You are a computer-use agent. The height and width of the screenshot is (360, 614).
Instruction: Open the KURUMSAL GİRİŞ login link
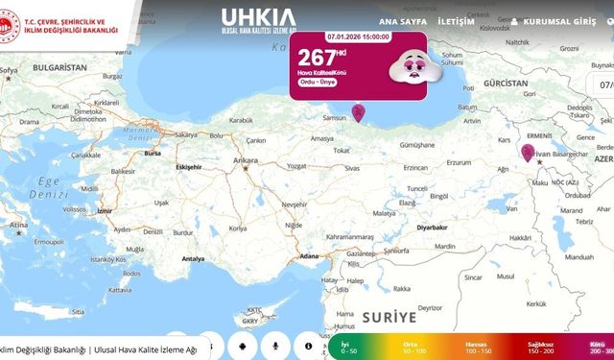click(x=558, y=20)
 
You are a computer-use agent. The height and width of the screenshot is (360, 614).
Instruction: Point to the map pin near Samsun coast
click(x=359, y=113)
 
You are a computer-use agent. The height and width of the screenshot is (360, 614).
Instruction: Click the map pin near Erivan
click(x=528, y=152)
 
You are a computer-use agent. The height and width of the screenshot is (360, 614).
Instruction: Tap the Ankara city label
click(x=247, y=159)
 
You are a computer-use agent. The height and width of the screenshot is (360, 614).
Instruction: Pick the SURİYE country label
click(x=390, y=316)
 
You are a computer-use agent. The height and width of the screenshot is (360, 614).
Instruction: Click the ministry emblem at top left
click(x=11, y=27)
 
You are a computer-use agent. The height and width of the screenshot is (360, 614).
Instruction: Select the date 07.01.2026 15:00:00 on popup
click(x=358, y=36)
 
